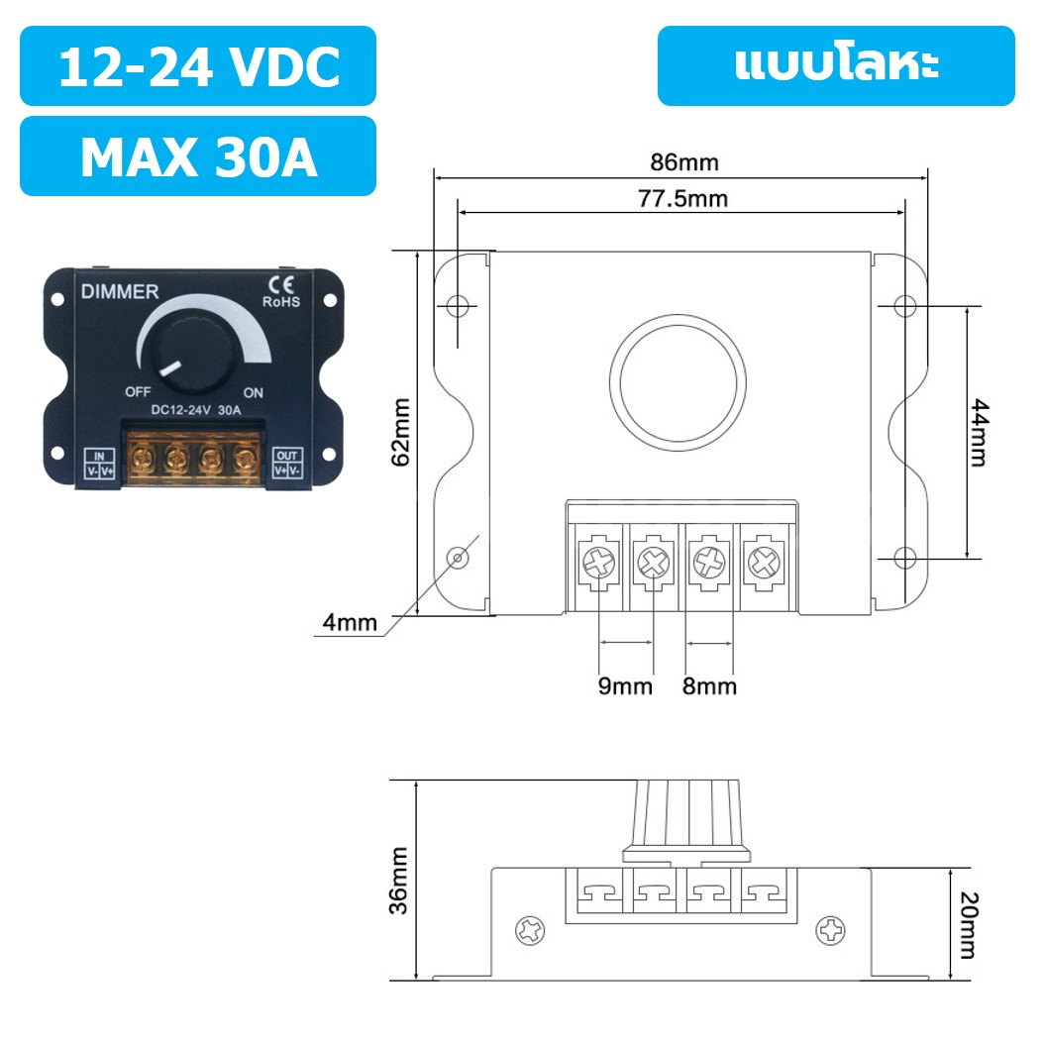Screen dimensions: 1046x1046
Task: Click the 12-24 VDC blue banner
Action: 198,66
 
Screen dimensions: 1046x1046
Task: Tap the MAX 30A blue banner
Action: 198,157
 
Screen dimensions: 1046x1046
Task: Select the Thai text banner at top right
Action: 836,66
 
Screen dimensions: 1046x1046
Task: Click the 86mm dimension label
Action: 684,161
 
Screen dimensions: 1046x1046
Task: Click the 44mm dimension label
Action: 978,433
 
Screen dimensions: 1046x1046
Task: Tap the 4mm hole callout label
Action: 350,623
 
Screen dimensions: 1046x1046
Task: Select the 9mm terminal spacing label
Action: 625,685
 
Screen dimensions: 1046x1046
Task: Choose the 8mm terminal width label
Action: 709,685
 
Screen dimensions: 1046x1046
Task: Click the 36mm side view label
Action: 399,880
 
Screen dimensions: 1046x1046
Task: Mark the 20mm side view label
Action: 968,926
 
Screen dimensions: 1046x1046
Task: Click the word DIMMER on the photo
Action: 118,292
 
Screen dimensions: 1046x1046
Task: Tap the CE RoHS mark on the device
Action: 280,291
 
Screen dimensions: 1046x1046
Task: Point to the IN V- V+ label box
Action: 100,464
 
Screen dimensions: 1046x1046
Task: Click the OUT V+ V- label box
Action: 287,464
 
